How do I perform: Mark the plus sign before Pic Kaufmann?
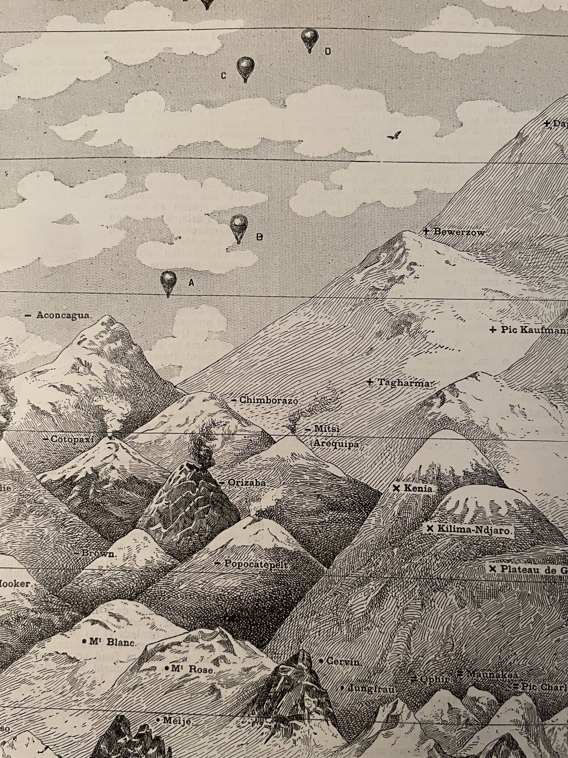coord(493,330)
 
